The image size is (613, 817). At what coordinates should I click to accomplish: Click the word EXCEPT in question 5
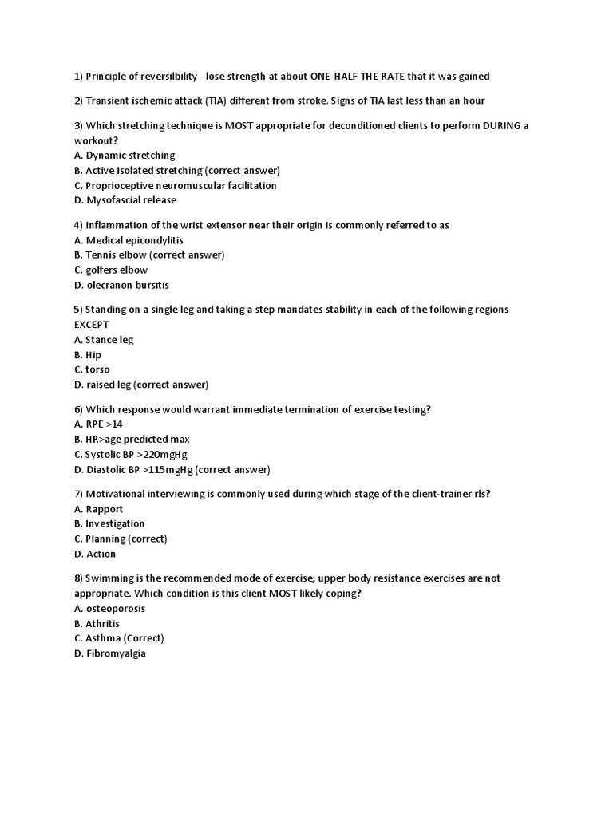pyautogui.click(x=92, y=325)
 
